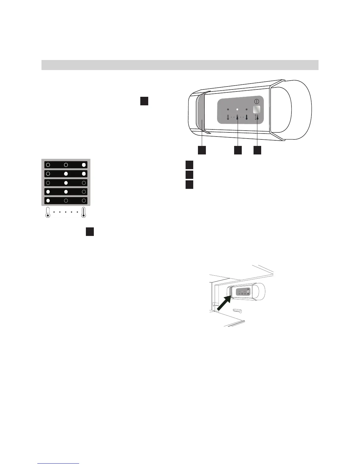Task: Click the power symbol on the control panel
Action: pyautogui.click(x=256, y=101)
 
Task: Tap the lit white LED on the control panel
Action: pyautogui.click(x=237, y=109)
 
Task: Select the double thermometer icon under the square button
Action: pyautogui.click(x=257, y=117)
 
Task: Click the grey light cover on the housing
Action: pyautogui.click(x=202, y=112)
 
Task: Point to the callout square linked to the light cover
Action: pyautogui.click(x=201, y=150)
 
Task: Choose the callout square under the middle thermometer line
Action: pyautogui.click(x=238, y=150)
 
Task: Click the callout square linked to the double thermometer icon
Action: pyautogui.click(x=257, y=150)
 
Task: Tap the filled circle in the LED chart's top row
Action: pyautogui.click(x=84, y=165)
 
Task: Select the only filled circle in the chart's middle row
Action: pyautogui.click(x=66, y=183)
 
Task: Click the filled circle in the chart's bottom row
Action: pyautogui.click(x=48, y=201)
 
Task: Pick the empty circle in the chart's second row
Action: pyautogui.click(x=48, y=174)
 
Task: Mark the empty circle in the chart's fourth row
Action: pyautogui.click(x=84, y=192)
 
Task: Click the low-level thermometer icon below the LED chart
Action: pyautogui.click(x=48, y=213)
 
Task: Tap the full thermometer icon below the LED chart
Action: pyautogui.click(x=84, y=213)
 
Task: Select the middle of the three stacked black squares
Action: pyautogui.click(x=189, y=174)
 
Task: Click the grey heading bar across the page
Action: pyautogui.click(x=180, y=65)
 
